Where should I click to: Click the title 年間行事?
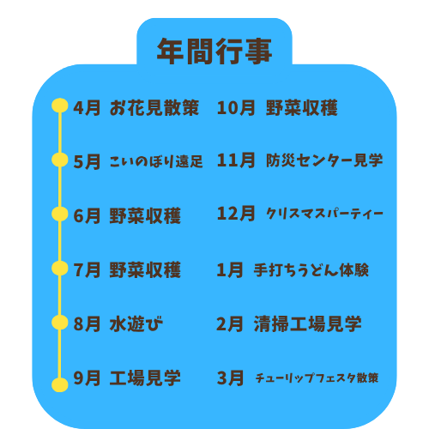click(x=214, y=51)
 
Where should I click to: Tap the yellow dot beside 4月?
click(x=60, y=106)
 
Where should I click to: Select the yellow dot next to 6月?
click(x=60, y=214)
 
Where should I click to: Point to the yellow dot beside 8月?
click(x=60, y=323)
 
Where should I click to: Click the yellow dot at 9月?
click(x=60, y=384)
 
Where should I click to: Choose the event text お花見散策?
click(x=154, y=108)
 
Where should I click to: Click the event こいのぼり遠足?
click(x=156, y=161)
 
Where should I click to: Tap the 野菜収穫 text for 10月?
click(x=302, y=108)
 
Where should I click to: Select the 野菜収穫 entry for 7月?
click(x=145, y=269)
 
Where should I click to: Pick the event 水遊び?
click(x=136, y=323)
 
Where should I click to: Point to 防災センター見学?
click(x=324, y=160)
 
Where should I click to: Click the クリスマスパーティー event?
click(x=324, y=214)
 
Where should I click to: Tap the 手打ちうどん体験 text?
click(x=311, y=269)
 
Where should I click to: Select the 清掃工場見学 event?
click(x=308, y=323)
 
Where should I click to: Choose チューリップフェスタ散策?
click(x=317, y=378)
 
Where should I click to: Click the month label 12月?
click(x=236, y=214)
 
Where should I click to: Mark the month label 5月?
click(x=87, y=161)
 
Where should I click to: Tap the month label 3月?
click(x=230, y=378)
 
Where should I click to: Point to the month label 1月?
click(x=230, y=269)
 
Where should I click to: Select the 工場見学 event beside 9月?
click(x=145, y=378)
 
